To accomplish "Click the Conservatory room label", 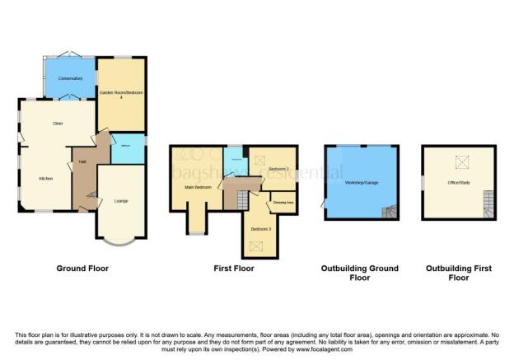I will click(70, 78).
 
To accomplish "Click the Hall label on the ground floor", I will click(83, 161).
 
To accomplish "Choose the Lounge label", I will click(120, 201).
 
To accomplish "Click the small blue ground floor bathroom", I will click(128, 149).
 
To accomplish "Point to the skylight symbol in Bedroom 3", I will click(257, 244).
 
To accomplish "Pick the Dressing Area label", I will click(284, 202).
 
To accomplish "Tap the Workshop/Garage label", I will click(361, 181).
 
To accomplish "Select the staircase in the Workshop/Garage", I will click(390, 212).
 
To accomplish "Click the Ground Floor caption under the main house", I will click(82, 269).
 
